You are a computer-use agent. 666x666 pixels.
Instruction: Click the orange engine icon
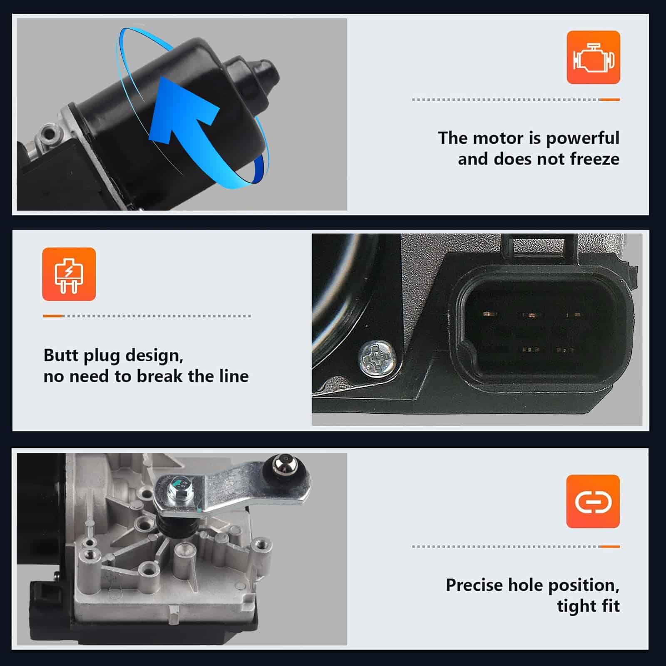pyautogui.click(x=593, y=57)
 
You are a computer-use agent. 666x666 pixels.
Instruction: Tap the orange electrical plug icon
pyautogui.click(x=69, y=274)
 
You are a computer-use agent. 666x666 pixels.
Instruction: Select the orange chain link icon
pyautogui.click(x=593, y=502)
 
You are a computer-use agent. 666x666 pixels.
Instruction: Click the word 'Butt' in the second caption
pyautogui.click(x=61, y=355)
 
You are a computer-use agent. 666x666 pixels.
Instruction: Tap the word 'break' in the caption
pyautogui.click(x=159, y=376)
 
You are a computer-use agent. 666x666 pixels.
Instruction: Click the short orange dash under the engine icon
pyautogui.click(x=609, y=99)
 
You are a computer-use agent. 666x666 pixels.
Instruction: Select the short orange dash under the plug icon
pyautogui.click(x=53, y=316)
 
